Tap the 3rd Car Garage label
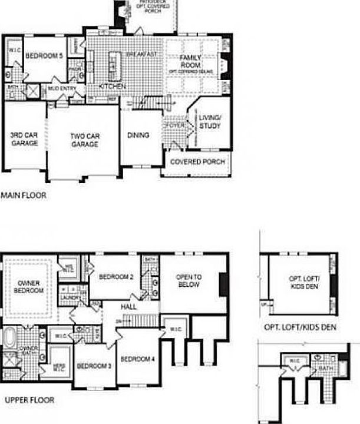coord(24,139)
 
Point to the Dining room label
coord(138,135)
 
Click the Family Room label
coord(191,61)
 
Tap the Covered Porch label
coord(197,162)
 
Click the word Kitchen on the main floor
coord(112,86)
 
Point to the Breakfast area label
coord(141,54)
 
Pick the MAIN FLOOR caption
coord(23,194)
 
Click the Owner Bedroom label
coord(28,287)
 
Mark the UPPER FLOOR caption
coord(29,400)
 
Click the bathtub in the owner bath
coord(10,339)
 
